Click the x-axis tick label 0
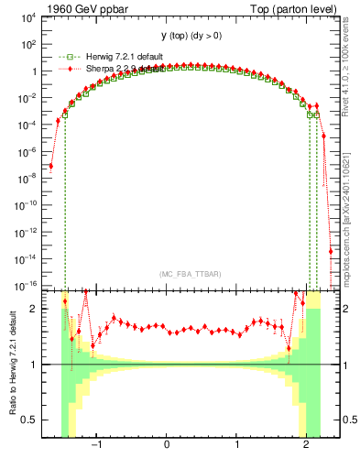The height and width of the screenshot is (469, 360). tap(166, 446)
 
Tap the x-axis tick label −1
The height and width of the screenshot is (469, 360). tap(94, 446)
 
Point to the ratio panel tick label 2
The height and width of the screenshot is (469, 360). tap(33, 309)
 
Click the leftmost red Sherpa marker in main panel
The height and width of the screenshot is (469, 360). tap(51, 166)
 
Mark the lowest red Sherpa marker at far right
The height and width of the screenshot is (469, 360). tap(331, 251)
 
